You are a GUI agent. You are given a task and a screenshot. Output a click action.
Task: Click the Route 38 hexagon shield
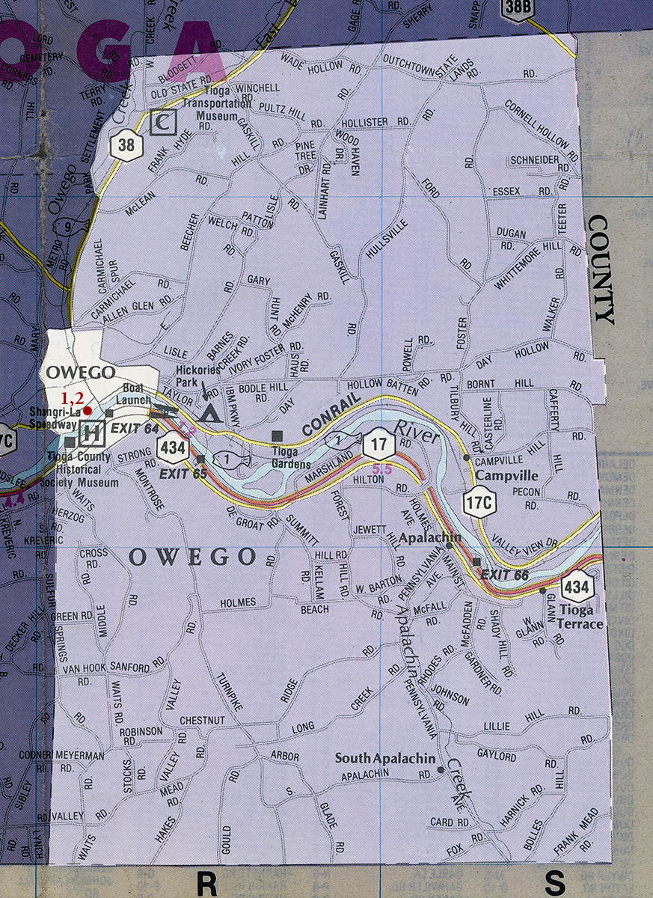[x=126, y=144]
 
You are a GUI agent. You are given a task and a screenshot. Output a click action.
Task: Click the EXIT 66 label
[x=505, y=575]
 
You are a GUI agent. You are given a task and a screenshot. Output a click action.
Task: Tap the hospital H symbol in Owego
[x=91, y=432]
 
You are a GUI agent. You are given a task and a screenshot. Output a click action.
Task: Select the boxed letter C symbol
[x=162, y=122]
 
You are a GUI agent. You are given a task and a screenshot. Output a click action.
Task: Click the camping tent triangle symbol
[x=210, y=412]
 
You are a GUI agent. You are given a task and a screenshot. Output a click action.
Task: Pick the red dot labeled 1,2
[x=88, y=410]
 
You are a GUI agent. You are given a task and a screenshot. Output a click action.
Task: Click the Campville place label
[x=497, y=474]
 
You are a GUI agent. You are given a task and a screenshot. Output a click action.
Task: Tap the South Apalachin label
[x=384, y=758]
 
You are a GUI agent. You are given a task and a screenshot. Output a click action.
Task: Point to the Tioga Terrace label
[x=580, y=617]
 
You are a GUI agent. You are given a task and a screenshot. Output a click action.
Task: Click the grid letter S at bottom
[x=555, y=882]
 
